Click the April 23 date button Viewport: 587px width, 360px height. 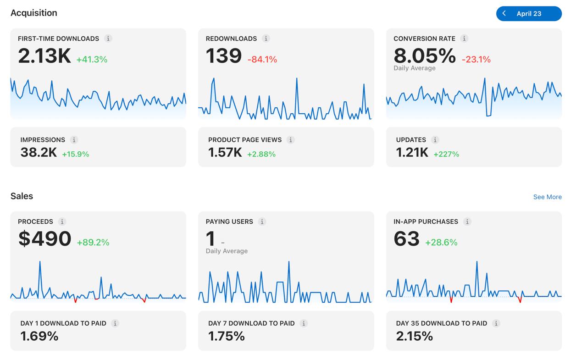529,14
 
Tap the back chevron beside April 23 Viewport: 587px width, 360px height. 504,13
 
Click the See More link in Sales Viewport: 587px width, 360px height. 548,197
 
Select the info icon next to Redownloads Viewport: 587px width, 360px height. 266,39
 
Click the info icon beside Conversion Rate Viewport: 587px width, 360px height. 464,39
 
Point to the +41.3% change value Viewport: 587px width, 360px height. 92,60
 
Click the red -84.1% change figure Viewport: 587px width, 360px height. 262,60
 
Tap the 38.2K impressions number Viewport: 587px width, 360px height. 39,152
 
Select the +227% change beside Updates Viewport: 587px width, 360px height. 446,154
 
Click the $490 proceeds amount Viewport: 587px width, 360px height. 44,238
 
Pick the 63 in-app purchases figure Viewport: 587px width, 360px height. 406,238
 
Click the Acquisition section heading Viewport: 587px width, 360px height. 34,13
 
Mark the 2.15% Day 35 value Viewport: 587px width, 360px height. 414,336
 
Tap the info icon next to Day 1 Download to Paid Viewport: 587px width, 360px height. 115,323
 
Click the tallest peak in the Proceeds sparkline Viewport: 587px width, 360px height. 40,261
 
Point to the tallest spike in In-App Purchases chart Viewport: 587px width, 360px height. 476,261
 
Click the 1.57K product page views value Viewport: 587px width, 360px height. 225,152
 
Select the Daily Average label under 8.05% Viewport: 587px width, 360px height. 415,68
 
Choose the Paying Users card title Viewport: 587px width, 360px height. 229,222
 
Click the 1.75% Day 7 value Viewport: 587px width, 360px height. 227,336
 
